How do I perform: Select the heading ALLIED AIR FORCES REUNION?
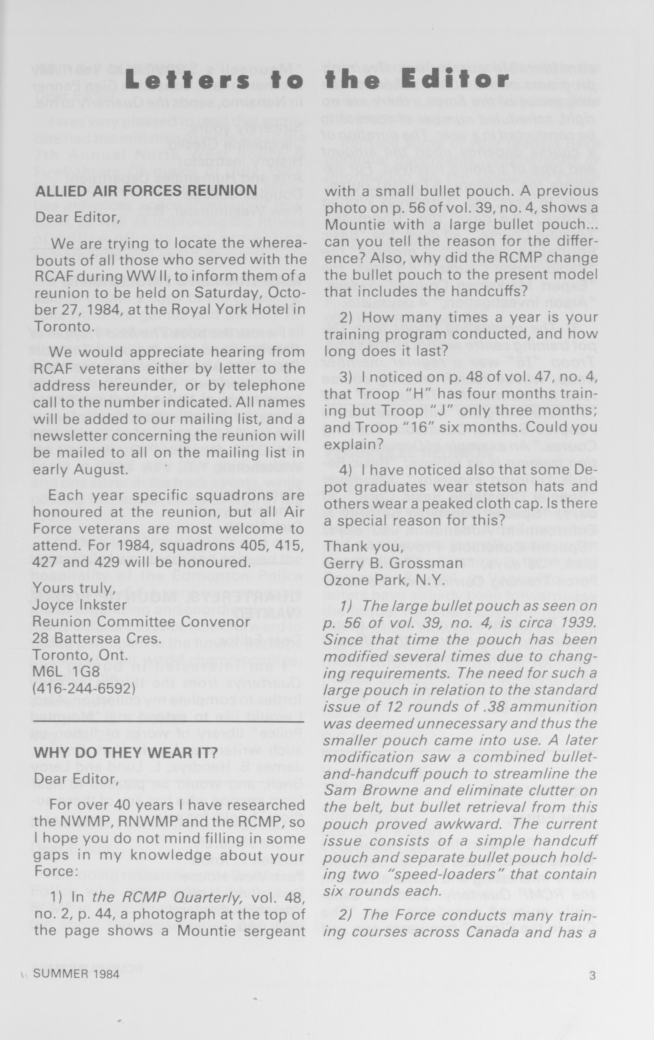[x=146, y=191]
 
